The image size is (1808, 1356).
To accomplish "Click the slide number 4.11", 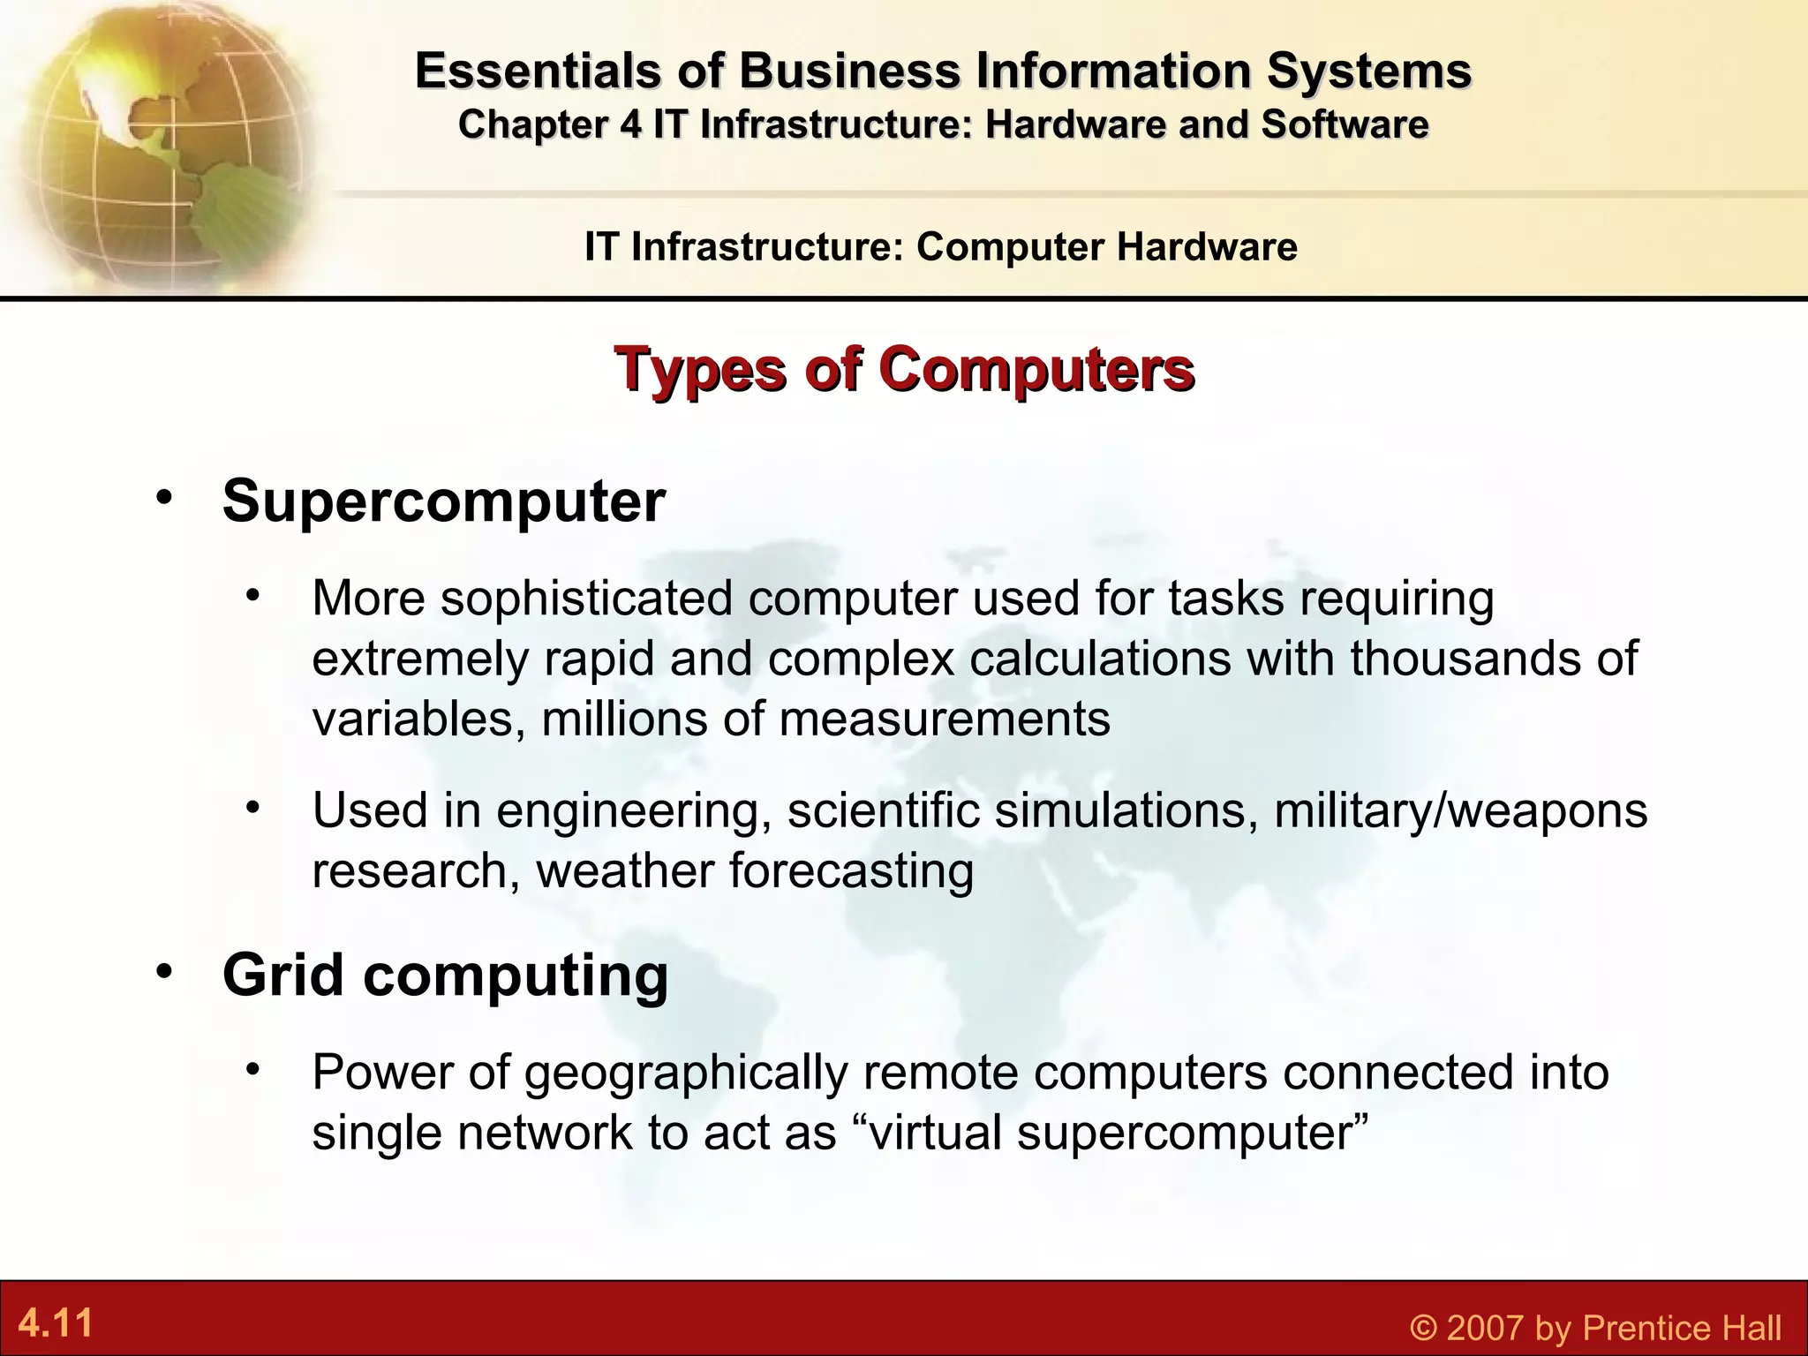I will (56, 1323).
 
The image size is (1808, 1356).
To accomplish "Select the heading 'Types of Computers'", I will (904, 370).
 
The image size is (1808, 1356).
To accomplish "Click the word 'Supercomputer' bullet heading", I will (444, 501).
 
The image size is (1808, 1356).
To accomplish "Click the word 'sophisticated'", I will (587, 599).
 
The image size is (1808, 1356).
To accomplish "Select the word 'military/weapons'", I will (1461, 810).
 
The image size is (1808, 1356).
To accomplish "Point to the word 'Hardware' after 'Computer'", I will (1207, 246).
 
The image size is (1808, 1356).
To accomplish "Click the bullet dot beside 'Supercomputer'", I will (163, 497).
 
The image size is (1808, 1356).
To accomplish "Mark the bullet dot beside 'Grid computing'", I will (163, 971).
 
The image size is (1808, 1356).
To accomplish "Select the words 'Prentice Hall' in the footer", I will (1683, 1328).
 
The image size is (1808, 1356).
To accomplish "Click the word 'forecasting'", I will (852, 871).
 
